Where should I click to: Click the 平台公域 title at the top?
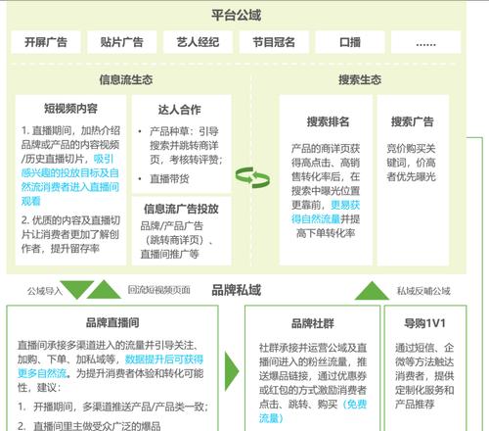(x=236, y=15)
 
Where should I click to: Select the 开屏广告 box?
(x=46, y=42)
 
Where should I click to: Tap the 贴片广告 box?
(x=122, y=42)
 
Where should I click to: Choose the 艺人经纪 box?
(x=198, y=42)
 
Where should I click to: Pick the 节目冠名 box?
(x=274, y=42)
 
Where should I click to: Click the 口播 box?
(x=350, y=42)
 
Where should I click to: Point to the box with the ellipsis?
(x=425, y=42)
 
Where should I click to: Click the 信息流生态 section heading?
(x=126, y=79)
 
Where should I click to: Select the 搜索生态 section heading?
(x=360, y=79)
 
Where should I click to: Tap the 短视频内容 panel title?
(x=70, y=109)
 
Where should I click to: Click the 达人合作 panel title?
(x=179, y=110)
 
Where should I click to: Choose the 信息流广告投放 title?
(x=181, y=209)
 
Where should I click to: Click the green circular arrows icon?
(x=252, y=177)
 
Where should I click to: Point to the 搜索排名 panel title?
(x=328, y=121)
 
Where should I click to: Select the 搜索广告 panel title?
(x=412, y=121)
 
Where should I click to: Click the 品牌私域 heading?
(x=237, y=290)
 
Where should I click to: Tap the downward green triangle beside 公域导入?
(x=77, y=289)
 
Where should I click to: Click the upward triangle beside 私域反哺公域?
(x=372, y=292)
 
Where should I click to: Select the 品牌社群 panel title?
(x=312, y=323)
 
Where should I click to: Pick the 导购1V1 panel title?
(x=424, y=323)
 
